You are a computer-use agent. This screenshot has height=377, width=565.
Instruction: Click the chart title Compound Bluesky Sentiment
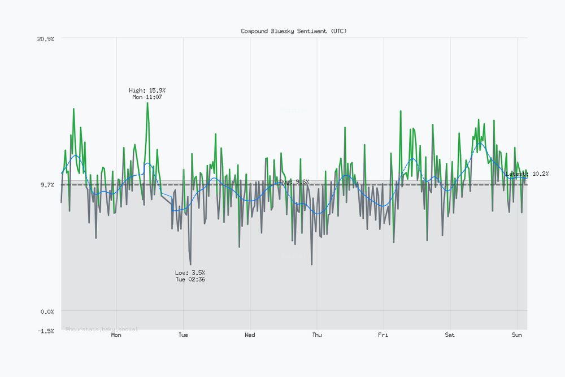(294, 31)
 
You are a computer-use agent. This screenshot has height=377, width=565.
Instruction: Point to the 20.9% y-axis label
(45, 38)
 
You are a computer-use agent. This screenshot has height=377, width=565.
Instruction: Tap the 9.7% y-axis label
(47, 185)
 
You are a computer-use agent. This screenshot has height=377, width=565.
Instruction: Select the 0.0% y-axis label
(47, 311)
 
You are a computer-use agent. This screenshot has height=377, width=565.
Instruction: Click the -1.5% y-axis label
(45, 331)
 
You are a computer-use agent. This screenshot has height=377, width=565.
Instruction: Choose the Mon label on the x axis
(116, 335)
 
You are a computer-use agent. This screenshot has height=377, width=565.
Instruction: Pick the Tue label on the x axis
(183, 335)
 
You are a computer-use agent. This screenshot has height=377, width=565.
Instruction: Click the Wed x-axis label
(250, 335)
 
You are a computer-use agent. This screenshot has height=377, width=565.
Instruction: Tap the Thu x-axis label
(317, 335)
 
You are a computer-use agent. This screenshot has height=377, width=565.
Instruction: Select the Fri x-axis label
(384, 335)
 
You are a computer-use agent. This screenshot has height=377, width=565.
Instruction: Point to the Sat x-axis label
(450, 335)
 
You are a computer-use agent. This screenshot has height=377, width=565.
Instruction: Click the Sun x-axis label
(517, 335)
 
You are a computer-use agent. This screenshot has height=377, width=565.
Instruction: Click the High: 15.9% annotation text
(147, 90)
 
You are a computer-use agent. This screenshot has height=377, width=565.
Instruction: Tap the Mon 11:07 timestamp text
(147, 97)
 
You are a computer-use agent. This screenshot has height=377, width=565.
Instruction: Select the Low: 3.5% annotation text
(190, 272)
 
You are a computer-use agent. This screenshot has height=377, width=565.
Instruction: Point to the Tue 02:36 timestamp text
(190, 279)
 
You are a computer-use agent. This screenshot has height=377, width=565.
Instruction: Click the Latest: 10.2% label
(527, 174)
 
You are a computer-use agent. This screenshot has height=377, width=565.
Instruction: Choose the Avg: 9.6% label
(294, 181)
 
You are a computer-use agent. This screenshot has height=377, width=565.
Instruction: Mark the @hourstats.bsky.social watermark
(102, 329)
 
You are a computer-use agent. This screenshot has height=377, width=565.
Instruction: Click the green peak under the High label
(147, 104)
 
